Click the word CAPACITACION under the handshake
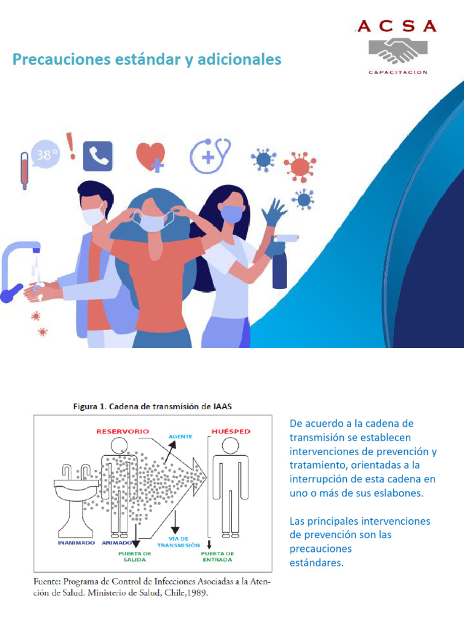pos(398,73)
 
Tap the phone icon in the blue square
pos(97,157)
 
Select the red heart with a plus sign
pos(150,157)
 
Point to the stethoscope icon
pos(210,155)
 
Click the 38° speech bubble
pos(46,154)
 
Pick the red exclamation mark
pos(71,146)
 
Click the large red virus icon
pos(300,167)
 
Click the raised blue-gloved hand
pos(274,212)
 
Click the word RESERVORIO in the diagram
pos(123,432)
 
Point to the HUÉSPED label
pos(231,432)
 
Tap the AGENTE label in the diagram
pos(181,436)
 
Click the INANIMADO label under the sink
pos(77,543)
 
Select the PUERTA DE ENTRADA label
pos(217,557)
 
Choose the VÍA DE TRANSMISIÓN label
pos(179,542)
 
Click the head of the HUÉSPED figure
pos(230,446)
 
